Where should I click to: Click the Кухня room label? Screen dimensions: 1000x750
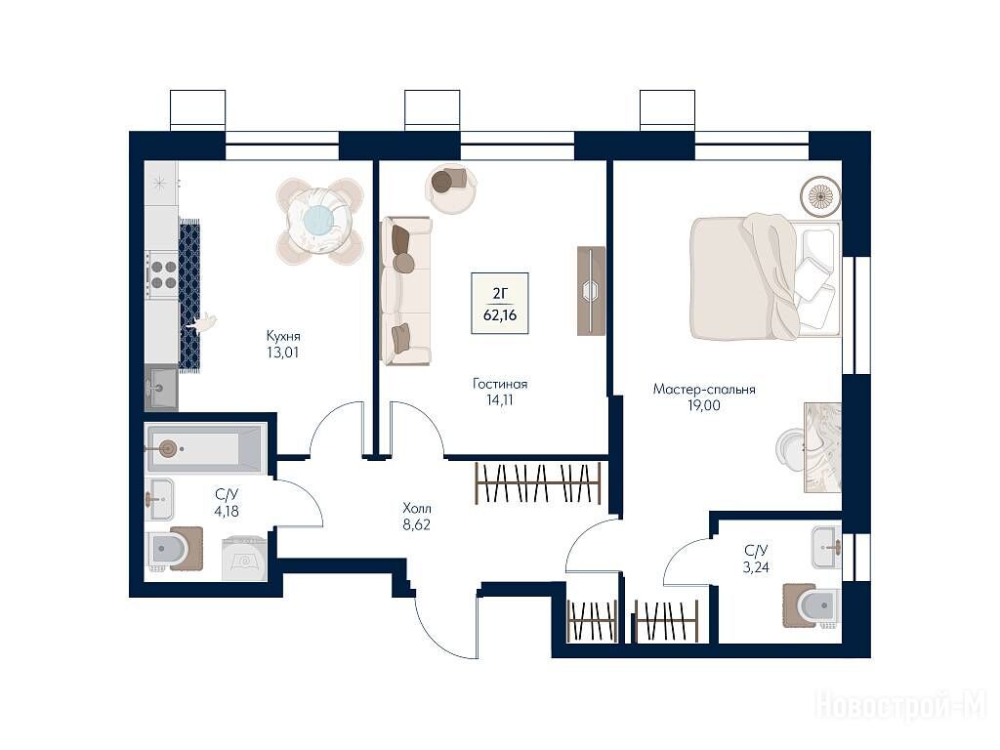point(283,336)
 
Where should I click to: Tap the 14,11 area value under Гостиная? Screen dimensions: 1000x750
point(499,400)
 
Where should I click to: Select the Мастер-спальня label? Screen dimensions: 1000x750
point(704,389)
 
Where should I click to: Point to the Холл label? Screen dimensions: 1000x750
point(417,508)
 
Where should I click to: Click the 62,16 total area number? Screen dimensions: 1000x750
point(500,315)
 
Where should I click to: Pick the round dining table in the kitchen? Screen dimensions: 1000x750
point(319,221)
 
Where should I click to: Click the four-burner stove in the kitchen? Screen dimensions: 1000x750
point(162,274)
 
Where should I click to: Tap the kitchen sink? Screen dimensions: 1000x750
point(161,388)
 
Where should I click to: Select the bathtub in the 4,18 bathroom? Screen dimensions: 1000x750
point(204,449)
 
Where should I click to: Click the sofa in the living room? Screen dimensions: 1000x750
point(406,291)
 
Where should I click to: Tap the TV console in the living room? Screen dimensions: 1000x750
point(591,291)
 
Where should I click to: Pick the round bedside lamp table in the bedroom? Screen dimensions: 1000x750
point(820,195)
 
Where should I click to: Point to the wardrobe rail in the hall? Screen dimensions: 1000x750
point(538,483)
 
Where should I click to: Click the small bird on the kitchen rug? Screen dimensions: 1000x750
point(203,323)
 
